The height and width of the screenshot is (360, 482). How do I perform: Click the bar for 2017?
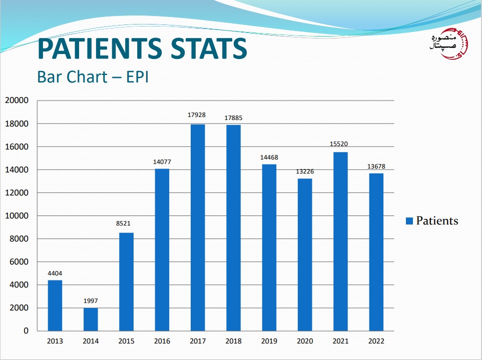tap(198, 227)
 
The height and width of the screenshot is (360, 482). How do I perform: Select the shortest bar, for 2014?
tap(91, 319)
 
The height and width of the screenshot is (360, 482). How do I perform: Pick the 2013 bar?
tap(55, 305)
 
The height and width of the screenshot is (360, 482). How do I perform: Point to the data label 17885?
tap(233, 118)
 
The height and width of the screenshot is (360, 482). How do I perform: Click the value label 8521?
tap(126, 223)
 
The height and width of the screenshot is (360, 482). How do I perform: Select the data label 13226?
tap(304, 171)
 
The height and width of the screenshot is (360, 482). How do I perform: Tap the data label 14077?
tap(162, 161)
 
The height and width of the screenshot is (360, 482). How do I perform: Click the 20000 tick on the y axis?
tap(17, 100)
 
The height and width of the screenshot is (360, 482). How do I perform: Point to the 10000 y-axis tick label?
tap(17, 216)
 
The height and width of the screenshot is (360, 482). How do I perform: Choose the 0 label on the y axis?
tap(26, 331)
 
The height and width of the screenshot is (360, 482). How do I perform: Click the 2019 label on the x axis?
tap(269, 341)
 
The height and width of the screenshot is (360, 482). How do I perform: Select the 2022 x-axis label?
tap(376, 341)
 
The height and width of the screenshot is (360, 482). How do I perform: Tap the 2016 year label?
tap(162, 341)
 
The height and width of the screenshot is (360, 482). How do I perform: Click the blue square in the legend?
tap(409, 221)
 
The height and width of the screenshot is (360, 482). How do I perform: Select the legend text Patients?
tap(437, 220)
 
